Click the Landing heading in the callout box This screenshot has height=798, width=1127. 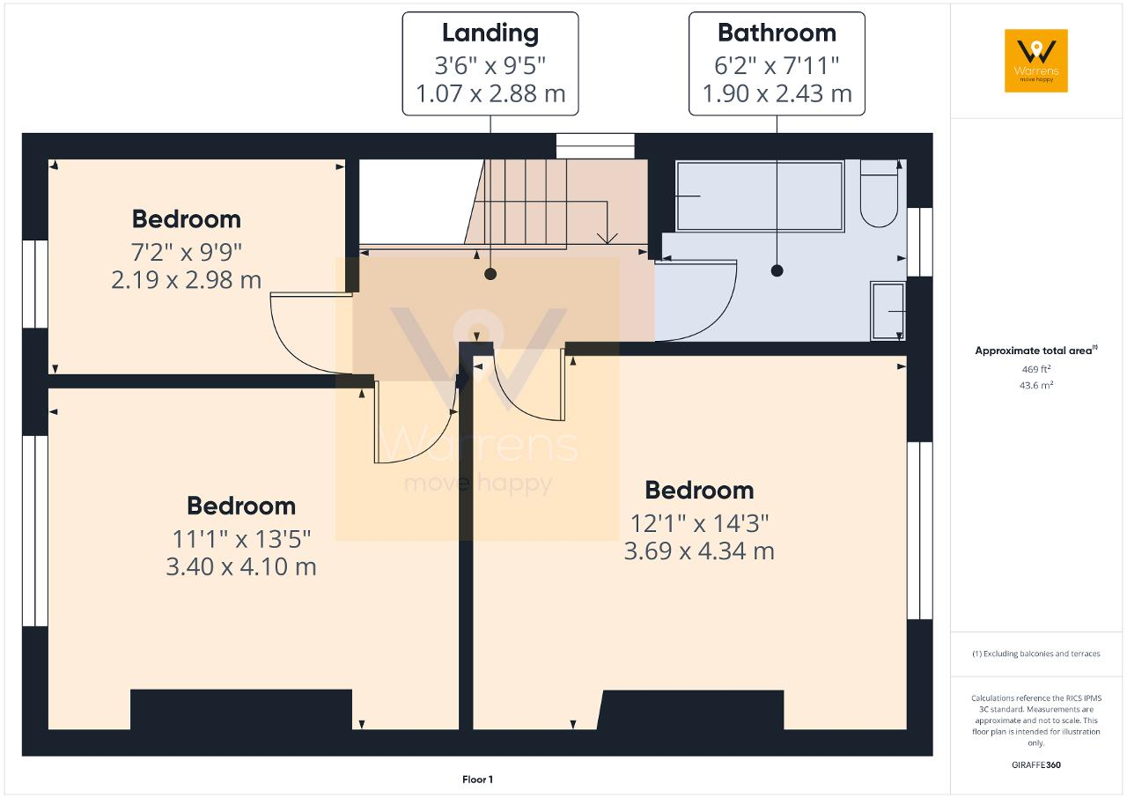490,34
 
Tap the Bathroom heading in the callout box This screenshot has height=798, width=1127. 777,33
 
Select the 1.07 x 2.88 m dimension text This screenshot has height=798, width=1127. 490,93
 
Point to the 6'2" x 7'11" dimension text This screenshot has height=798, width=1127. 777,65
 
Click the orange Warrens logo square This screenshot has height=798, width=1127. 1036,61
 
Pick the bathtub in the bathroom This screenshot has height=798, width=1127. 760,196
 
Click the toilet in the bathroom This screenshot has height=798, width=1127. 879,193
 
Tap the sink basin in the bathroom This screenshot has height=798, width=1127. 888,310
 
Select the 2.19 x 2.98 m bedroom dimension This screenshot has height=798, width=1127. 186,280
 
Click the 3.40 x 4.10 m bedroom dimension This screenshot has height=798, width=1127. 241,567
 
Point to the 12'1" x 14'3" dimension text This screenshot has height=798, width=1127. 699,523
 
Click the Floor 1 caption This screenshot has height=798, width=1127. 477,780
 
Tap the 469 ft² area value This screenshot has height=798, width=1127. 1036,369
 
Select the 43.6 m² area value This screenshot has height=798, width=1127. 1036,385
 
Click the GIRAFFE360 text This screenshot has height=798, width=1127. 1036,765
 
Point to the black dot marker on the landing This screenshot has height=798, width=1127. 490,274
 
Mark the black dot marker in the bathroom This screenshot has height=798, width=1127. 777,270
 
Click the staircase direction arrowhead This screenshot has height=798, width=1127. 608,238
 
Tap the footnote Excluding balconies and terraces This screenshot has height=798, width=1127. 1036,654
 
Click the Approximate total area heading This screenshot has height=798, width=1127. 1036,351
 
